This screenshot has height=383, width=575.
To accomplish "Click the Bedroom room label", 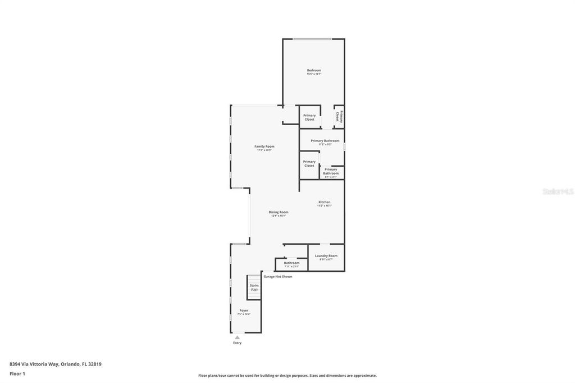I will click(314, 70).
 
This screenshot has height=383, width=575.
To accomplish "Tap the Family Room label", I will click(264, 147).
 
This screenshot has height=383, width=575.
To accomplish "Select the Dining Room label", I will click(279, 212).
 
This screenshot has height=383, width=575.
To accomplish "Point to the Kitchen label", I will click(325, 202).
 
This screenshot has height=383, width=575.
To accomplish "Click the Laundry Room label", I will click(326, 256).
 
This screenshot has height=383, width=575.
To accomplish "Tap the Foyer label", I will click(244, 311).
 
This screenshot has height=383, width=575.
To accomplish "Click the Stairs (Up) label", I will click(254, 288).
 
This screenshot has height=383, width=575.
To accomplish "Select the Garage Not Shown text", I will click(278, 276).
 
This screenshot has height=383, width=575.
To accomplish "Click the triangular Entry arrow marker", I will click(237, 338).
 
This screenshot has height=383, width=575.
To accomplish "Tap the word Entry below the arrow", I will click(237, 343).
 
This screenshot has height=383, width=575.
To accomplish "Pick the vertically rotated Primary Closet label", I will click(339, 116).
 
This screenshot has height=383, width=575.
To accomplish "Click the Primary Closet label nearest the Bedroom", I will click(309, 117).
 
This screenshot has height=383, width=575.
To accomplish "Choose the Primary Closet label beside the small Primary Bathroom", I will click(309, 163).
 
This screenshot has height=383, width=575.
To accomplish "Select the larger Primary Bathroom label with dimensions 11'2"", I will click(325, 141).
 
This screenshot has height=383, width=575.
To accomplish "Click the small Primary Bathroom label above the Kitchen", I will click(331, 171).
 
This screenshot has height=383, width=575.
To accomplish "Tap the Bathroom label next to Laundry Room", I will click(291, 263).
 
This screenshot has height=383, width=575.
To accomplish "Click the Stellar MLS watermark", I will click(558, 191).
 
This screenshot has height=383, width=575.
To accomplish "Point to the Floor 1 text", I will click(17, 373).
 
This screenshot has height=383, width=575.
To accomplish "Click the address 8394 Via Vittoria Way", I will click(55, 364).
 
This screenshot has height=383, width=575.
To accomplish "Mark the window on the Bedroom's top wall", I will click(312, 39).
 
